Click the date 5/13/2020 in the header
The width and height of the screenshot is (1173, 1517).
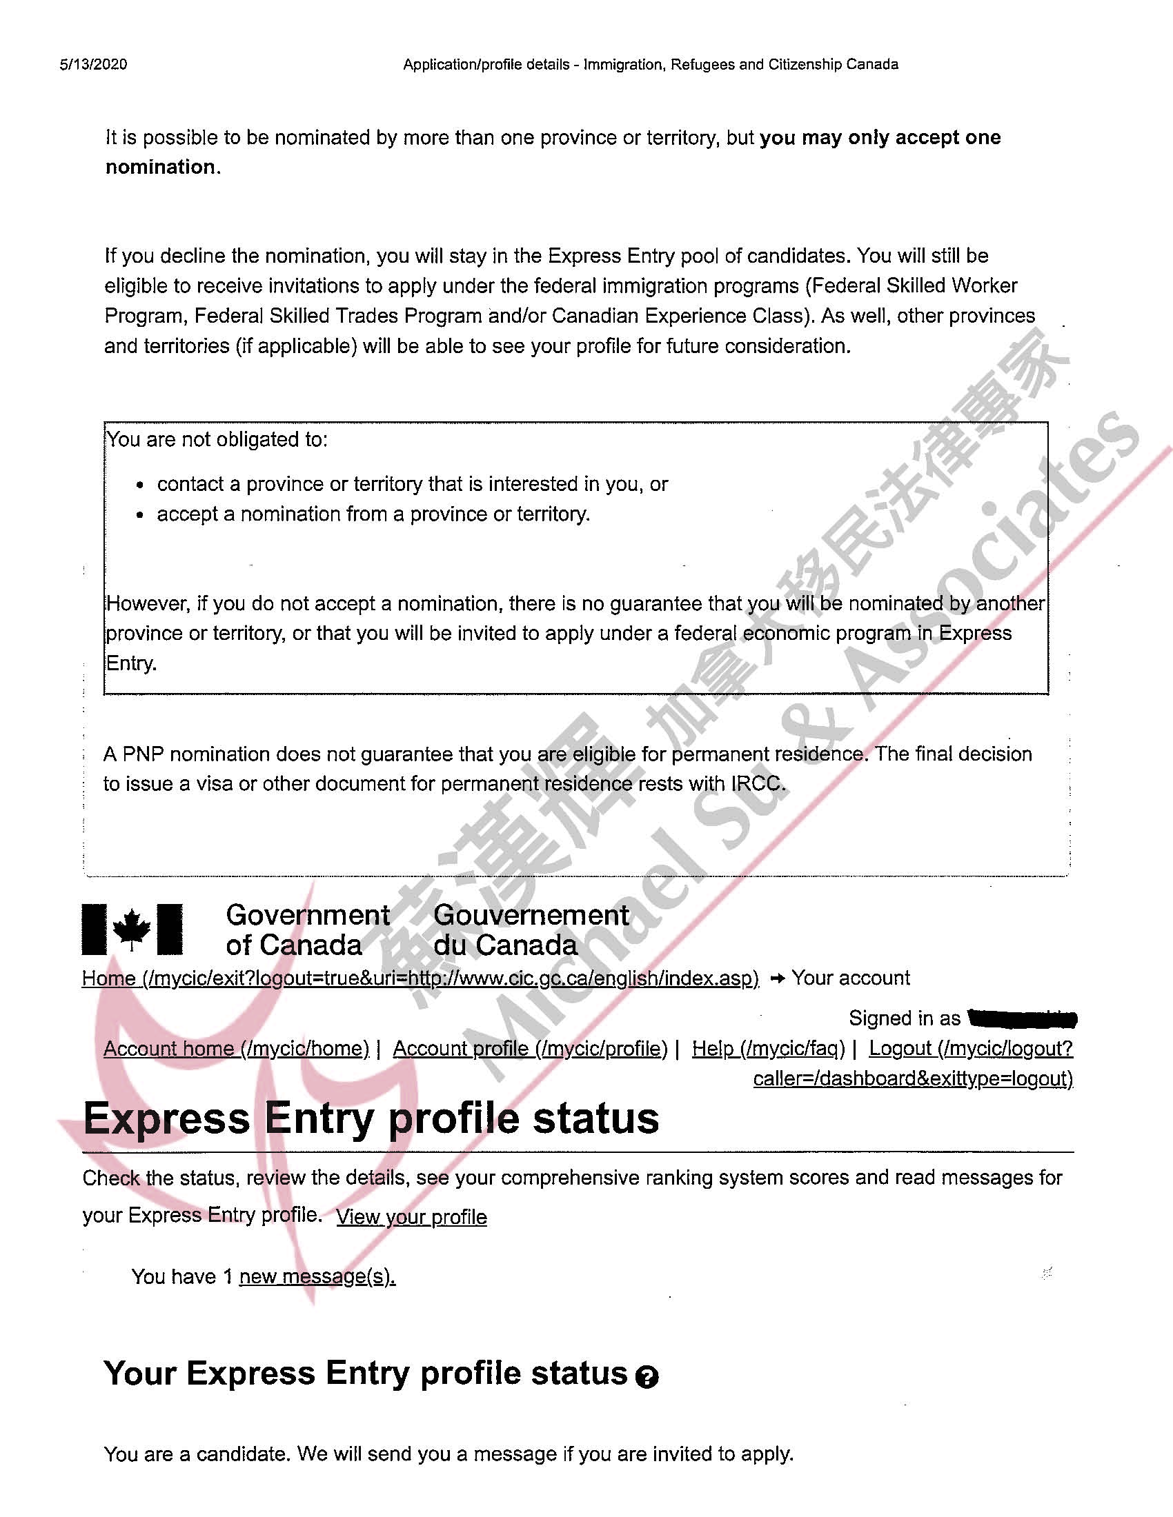(93, 65)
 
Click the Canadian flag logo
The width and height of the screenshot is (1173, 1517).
(132, 929)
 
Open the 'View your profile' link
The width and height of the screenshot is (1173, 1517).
(411, 1217)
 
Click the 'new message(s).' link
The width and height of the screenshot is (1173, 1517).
(317, 1276)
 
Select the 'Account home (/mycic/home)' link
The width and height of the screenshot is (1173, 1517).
(236, 1048)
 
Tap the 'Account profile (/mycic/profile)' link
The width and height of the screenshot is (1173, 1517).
(530, 1048)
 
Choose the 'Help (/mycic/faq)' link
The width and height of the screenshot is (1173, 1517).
(768, 1048)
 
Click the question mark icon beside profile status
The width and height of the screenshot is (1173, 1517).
(647, 1376)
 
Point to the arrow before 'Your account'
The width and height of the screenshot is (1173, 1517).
(778, 978)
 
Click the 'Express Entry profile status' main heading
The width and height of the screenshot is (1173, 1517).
(371, 1119)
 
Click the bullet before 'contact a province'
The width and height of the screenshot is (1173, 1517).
(141, 485)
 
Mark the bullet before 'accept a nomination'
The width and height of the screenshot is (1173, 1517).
(141, 515)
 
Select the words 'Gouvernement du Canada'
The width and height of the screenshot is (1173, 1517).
(531, 930)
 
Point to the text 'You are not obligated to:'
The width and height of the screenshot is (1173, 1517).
(217, 440)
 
